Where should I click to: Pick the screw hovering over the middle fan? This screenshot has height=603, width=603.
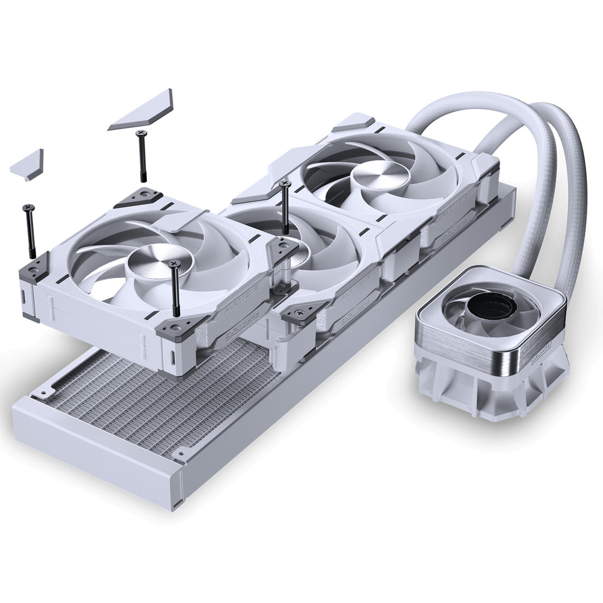285,206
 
